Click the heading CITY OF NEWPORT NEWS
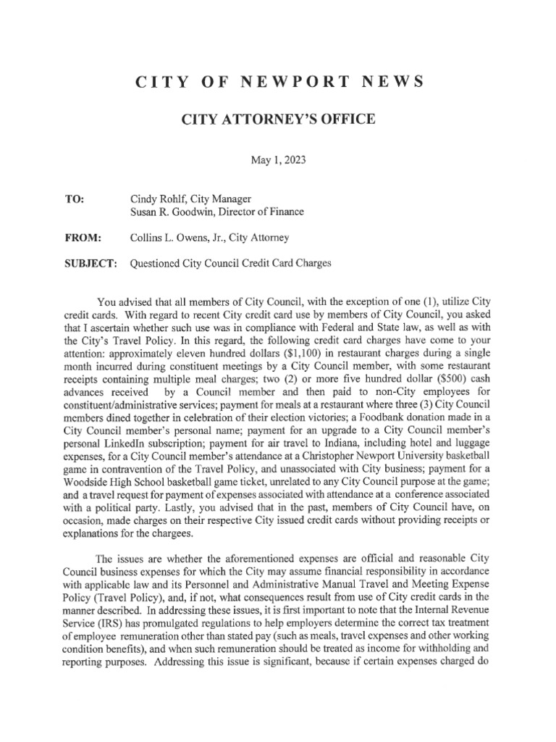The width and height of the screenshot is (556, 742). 277,83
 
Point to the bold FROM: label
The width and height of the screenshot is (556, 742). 83,237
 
